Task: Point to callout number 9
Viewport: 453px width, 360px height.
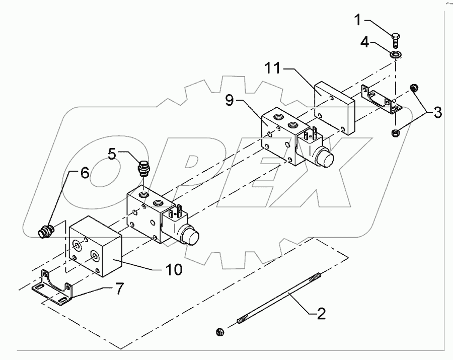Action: click(x=229, y=101)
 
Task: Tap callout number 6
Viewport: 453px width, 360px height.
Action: click(x=84, y=174)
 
